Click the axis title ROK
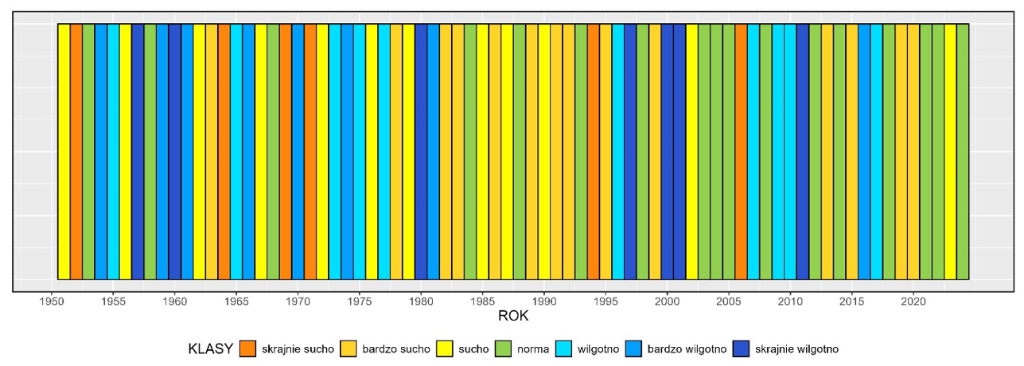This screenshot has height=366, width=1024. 513,317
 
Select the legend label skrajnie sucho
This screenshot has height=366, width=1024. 298,348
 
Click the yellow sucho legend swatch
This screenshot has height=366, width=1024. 443,348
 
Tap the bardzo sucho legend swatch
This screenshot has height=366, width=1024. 348,348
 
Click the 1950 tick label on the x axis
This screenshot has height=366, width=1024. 53,302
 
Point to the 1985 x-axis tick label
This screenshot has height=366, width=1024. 483,302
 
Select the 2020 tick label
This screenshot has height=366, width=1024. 913,302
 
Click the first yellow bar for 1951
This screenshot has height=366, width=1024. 64,151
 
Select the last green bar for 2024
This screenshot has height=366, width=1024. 963,151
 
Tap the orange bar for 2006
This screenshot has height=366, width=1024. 741,151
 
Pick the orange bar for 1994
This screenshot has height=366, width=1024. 594,151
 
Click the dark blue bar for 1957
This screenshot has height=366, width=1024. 138,151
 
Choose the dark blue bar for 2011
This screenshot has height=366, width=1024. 803,151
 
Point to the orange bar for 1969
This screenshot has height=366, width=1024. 286,151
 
